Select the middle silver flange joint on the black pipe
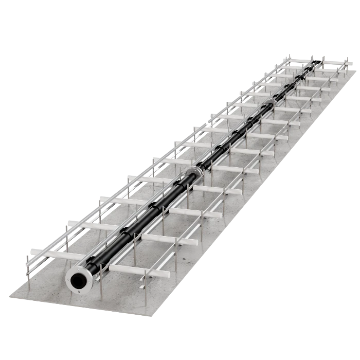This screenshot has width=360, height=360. point(194,174)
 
